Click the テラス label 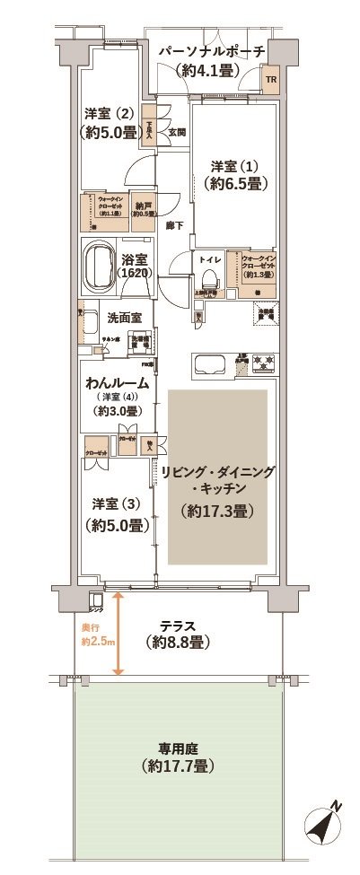click(178, 626)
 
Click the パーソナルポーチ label click(212, 52)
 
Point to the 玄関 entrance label click(176, 132)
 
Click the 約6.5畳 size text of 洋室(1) click(236, 185)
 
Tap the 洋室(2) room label click(109, 114)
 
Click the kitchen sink click(213, 366)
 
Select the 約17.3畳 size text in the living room click(215, 511)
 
